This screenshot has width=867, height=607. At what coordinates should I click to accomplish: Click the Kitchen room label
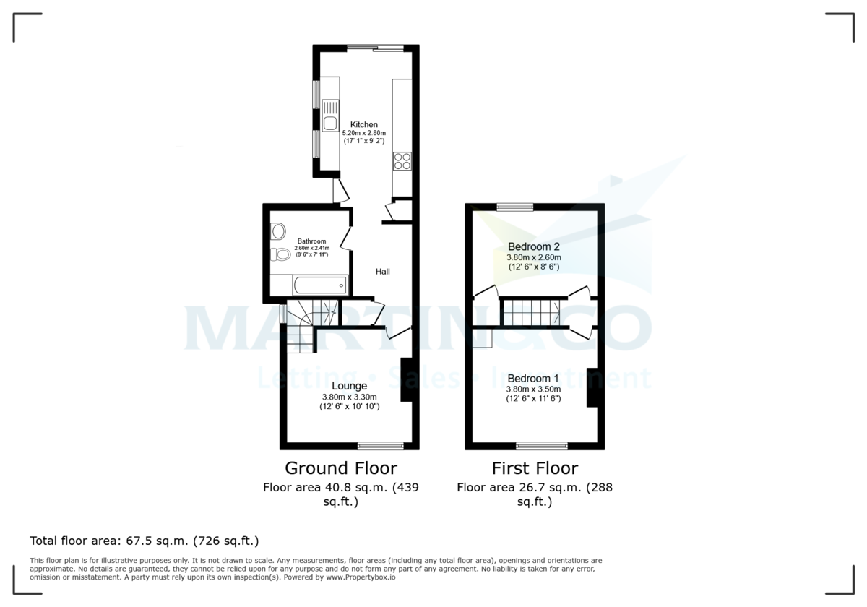[364, 124]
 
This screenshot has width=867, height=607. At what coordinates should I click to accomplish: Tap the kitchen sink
[330, 124]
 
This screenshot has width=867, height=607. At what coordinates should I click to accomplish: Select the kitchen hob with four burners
[402, 160]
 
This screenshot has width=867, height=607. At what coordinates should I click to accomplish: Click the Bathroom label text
[311, 241]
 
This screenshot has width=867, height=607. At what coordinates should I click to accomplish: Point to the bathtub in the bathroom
[319, 285]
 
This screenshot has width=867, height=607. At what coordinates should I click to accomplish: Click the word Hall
[382, 272]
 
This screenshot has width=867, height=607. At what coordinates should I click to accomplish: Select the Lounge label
[350, 386]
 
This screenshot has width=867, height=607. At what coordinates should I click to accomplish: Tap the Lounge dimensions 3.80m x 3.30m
[350, 397]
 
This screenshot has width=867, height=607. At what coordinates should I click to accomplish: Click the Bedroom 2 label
[534, 246]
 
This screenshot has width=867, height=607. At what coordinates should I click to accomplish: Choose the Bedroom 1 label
[533, 379]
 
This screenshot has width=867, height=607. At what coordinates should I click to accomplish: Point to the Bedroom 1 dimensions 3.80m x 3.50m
[534, 389]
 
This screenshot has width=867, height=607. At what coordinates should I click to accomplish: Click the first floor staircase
[532, 312]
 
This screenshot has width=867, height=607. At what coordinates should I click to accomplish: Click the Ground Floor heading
[341, 468]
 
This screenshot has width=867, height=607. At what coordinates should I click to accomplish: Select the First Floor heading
[535, 468]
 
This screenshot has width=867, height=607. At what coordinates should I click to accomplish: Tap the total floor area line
[144, 541]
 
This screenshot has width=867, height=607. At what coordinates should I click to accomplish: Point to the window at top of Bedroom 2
[515, 207]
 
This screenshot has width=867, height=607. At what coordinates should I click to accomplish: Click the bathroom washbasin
[277, 231]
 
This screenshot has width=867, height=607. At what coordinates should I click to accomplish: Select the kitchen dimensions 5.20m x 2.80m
[364, 134]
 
